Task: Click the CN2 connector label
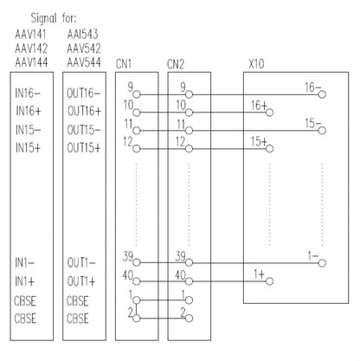click(177, 64)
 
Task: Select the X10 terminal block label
click(257, 64)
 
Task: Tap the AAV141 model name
click(31, 33)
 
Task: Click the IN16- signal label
click(32, 91)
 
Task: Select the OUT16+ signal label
click(84, 111)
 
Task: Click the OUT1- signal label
click(81, 261)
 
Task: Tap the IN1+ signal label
click(28, 282)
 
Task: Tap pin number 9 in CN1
click(129, 87)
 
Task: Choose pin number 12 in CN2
click(182, 139)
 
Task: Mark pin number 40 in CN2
click(180, 274)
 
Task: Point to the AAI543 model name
click(82, 33)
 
